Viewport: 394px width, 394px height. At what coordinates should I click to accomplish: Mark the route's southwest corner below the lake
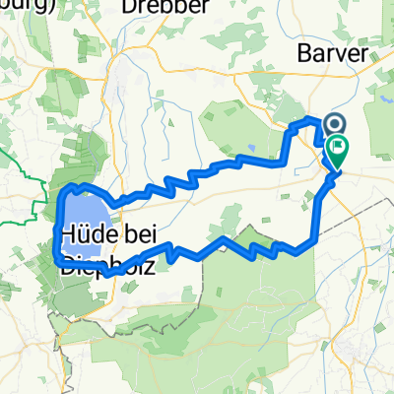pyautogui.click(x=55, y=258)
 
